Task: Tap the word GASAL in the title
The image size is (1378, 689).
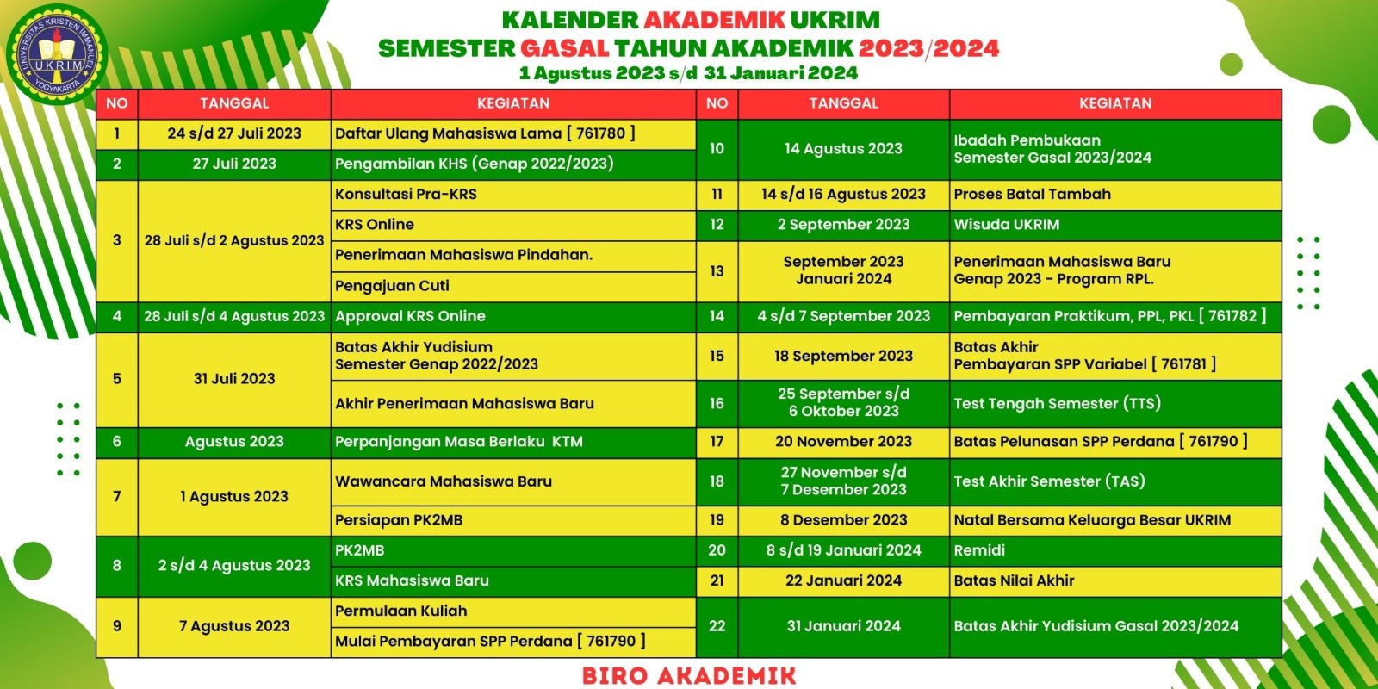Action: tap(564, 48)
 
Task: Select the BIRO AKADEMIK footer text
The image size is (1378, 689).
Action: tap(689, 675)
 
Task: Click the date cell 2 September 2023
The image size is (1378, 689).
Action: tap(843, 225)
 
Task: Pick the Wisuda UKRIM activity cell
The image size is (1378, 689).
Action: tap(1115, 225)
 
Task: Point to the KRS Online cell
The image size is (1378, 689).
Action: tap(513, 225)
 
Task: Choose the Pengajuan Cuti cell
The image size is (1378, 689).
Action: tap(513, 286)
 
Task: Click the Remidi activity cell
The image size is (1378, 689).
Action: tap(1115, 550)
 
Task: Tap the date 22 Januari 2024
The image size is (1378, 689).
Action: tap(843, 580)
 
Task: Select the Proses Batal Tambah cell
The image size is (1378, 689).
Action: tap(1115, 195)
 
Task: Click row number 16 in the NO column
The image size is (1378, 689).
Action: tap(717, 404)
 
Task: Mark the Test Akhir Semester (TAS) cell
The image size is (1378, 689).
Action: tap(1115, 481)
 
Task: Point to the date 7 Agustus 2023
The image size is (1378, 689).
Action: tap(234, 626)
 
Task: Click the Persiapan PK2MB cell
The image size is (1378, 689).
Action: tap(513, 520)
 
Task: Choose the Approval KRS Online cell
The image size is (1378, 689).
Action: tap(513, 316)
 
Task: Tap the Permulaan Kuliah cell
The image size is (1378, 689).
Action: tap(513, 611)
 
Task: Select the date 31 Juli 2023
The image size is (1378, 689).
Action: tap(234, 379)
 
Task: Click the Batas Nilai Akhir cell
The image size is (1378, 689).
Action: tap(1115, 580)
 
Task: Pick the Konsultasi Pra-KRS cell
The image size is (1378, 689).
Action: tap(513, 195)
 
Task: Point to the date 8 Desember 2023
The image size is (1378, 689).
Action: tap(843, 520)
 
